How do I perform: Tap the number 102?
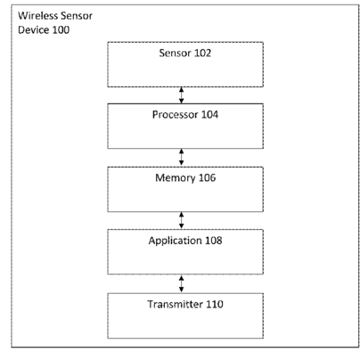pyautogui.click(x=202, y=53)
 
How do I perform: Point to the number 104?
pyautogui.click(x=209, y=115)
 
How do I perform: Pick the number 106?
pyautogui.click(x=207, y=177)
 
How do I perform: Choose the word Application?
pyautogui.click(x=171, y=241)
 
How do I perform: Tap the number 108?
pyautogui.click(x=214, y=241)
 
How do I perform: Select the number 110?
pyautogui.click(x=215, y=304)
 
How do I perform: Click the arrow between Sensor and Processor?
pyautogui.click(x=181, y=95)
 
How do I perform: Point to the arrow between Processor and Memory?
pyautogui.click(x=181, y=157)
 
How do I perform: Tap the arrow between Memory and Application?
pyautogui.click(x=181, y=220)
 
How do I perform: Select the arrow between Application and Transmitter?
pyautogui.click(x=181, y=283)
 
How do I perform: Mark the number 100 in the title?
pyautogui.click(x=61, y=29)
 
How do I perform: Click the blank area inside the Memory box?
pyautogui.click(x=185, y=198)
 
